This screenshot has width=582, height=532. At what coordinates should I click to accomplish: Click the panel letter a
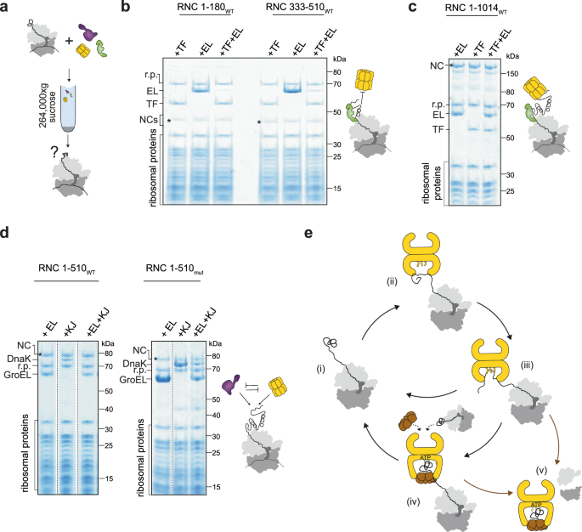8,8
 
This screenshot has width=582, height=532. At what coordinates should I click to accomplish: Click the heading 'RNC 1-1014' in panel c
476,10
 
